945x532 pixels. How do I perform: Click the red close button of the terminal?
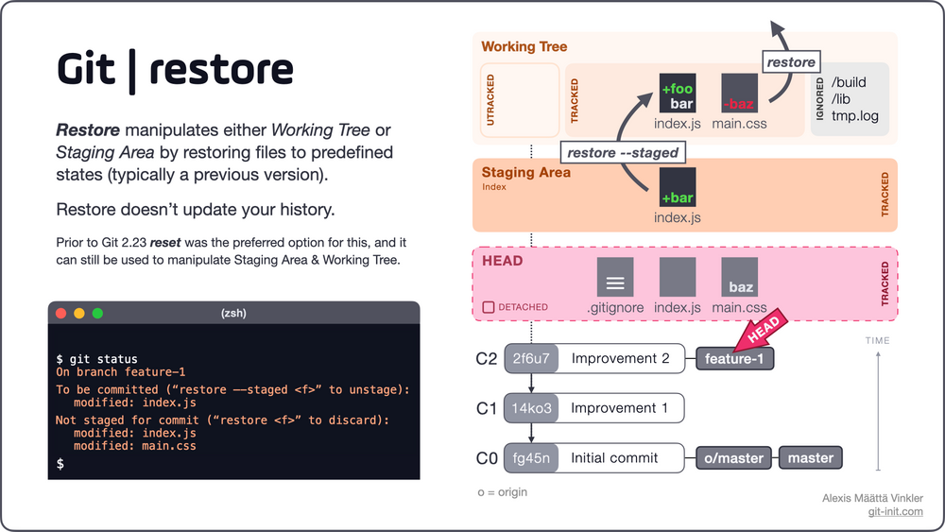click(61, 313)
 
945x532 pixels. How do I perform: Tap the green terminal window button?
click(96, 313)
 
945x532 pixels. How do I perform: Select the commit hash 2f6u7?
click(530, 359)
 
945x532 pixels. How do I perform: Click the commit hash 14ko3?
click(530, 408)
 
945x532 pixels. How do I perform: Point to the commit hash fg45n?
click(530, 458)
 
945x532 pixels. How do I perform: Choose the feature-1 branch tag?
click(734, 360)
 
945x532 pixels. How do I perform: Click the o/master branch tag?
click(734, 458)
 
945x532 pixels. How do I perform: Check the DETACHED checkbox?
click(488, 307)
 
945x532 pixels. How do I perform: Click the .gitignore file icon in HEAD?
click(615, 277)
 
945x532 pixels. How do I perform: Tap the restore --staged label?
click(622, 152)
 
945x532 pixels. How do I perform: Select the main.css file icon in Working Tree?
click(739, 93)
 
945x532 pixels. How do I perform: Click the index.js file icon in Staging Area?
click(678, 187)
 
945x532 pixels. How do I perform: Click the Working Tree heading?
click(524, 46)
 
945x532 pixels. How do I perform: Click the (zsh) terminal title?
click(233, 313)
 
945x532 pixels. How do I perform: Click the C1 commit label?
click(486, 408)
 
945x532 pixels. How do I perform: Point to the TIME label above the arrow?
click(877, 341)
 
